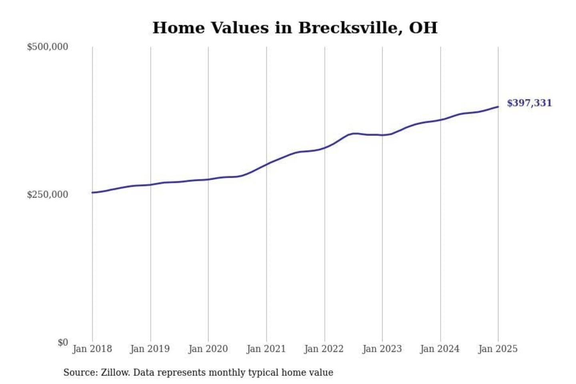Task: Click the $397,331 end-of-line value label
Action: pyautogui.click(x=529, y=103)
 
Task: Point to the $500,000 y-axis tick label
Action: pyautogui.click(x=47, y=47)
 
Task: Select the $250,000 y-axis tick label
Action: pyautogui.click(x=47, y=195)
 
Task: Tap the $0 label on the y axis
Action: pyautogui.click(x=63, y=342)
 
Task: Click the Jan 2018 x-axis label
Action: pyautogui.click(x=92, y=349)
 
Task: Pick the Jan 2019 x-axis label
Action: pyautogui.click(x=150, y=349)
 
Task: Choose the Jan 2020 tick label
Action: pyautogui.click(x=208, y=349)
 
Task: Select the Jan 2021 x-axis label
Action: pyautogui.click(x=266, y=349)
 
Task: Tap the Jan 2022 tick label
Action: pyautogui.click(x=324, y=349)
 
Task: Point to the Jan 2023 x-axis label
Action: pyautogui.click(x=382, y=349)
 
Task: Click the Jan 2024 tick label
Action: pyautogui.click(x=440, y=349)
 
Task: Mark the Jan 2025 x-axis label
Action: pyautogui.click(x=498, y=349)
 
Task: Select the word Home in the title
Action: pyautogui.click(x=178, y=28)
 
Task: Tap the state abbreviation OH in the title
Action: pyautogui.click(x=423, y=28)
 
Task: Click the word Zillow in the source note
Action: pyautogui.click(x=115, y=372)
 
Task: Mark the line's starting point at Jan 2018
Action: pyautogui.click(x=92, y=192)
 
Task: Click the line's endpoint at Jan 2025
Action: pyautogui.click(x=498, y=106)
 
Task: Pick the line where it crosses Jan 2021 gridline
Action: pyautogui.click(x=266, y=164)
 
